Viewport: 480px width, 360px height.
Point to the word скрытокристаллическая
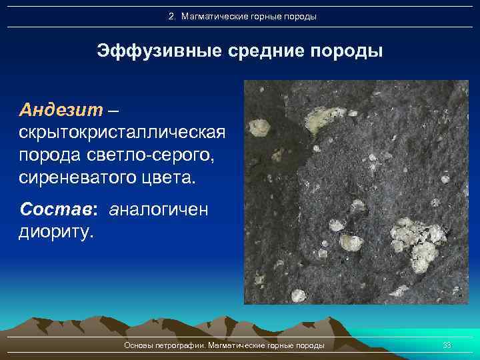tap(122, 131)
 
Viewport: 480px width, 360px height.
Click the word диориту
tap(57, 233)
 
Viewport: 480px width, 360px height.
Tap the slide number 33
tap(447, 345)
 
